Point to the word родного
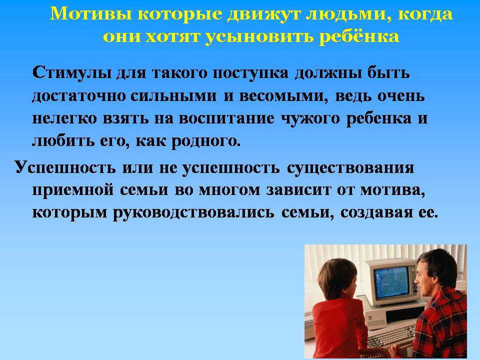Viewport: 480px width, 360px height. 205,141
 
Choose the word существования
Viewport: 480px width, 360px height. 350,168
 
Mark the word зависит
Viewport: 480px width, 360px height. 298,190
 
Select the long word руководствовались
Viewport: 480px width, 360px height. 193,213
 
